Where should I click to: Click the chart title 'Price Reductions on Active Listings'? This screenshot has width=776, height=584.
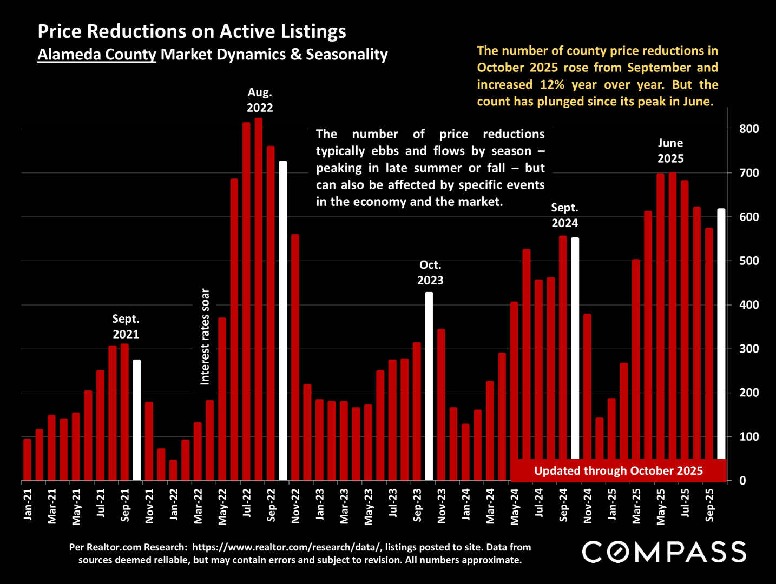tap(192, 31)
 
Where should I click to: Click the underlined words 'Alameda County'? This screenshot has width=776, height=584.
tap(97, 55)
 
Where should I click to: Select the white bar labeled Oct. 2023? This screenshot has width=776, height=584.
tap(429, 386)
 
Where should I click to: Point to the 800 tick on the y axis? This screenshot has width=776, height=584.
tap(749, 129)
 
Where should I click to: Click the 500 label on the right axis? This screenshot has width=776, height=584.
tap(749, 261)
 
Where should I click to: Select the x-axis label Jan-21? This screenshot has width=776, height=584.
tap(28, 505)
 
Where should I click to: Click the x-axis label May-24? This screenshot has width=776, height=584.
tap(515, 507)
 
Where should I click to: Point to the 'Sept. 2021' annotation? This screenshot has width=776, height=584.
tap(126, 327)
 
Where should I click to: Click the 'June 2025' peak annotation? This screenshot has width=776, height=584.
tap(670, 151)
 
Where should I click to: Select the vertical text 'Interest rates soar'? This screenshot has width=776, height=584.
tap(205, 336)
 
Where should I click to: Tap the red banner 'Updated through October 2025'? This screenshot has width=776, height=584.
tap(618, 470)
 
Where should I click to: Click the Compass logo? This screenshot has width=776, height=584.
tap(664, 552)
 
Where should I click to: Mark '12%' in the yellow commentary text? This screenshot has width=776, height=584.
tap(552, 85)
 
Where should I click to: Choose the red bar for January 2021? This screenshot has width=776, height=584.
tap(27, 460)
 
